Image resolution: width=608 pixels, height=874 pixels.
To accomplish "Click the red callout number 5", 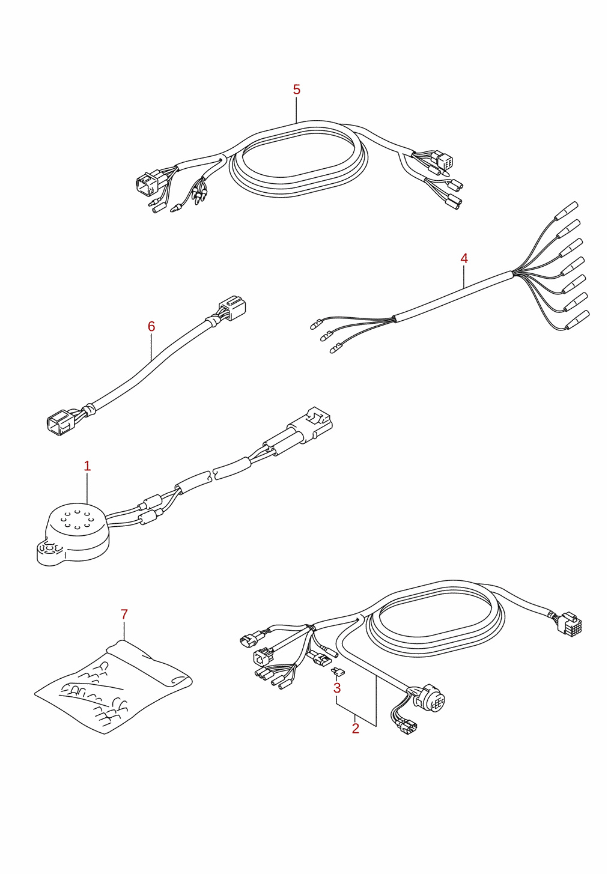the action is tap(297, 90).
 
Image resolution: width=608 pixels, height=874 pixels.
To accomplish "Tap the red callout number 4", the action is tap(464, 258).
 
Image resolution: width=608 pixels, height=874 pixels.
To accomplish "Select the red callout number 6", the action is tap(151, 326).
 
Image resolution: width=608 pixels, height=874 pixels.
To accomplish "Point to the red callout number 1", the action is tap(87, 466).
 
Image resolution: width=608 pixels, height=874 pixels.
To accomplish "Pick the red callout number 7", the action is tap(124, 615).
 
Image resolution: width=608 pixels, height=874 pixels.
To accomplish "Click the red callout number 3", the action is tap(337, 688).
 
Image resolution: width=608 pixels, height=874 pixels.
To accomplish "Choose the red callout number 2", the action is tap(355, 728).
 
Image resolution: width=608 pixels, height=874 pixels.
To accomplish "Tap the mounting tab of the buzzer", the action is tap(46, 552).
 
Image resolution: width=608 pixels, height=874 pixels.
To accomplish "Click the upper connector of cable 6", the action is tap(233, 308).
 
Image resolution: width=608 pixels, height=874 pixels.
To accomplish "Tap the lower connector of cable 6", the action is tap(61, 422).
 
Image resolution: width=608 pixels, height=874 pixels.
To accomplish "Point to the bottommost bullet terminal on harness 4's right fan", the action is tap(577, 320).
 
